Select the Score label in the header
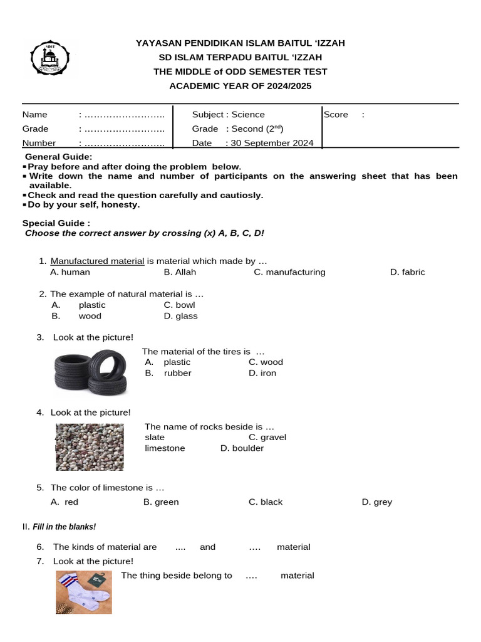pos(336,115)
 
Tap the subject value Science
pos(248,115)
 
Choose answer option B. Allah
pos(180,272)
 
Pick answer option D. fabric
pos(407,272)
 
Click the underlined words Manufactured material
pos(97,261)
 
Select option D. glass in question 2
pos(180,316)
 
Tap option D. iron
pos(262,373)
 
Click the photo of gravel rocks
pos(90,446)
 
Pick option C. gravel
pos(267,437)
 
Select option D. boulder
pos(242,448)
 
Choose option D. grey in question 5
pos(376,502)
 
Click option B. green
pos(161,502)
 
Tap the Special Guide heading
pos(56,223)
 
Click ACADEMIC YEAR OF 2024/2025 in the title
pos(240,85)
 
